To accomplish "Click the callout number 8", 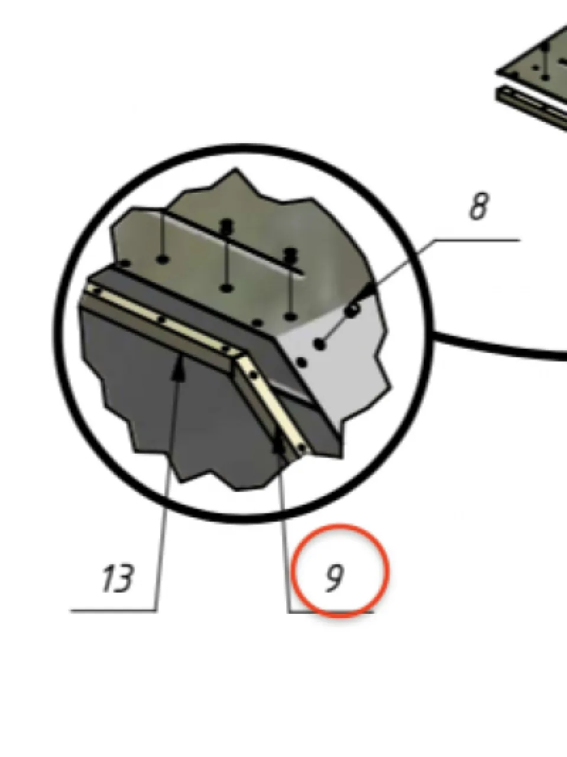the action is click(x=479, y=206).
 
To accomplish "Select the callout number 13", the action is click(x=118, y=579).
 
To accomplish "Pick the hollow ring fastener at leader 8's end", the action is click(x=353, y=310).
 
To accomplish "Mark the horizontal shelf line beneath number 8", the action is click(x=477, y=240).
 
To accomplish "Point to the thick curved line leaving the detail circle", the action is click(x=500, y=348).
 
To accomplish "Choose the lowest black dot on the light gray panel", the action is click(x=302, y=363).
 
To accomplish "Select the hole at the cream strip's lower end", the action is click(x=302, y=448).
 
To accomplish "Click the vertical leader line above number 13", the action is click(x=167, y=490).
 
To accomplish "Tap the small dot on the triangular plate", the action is click(x=535, y=68).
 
